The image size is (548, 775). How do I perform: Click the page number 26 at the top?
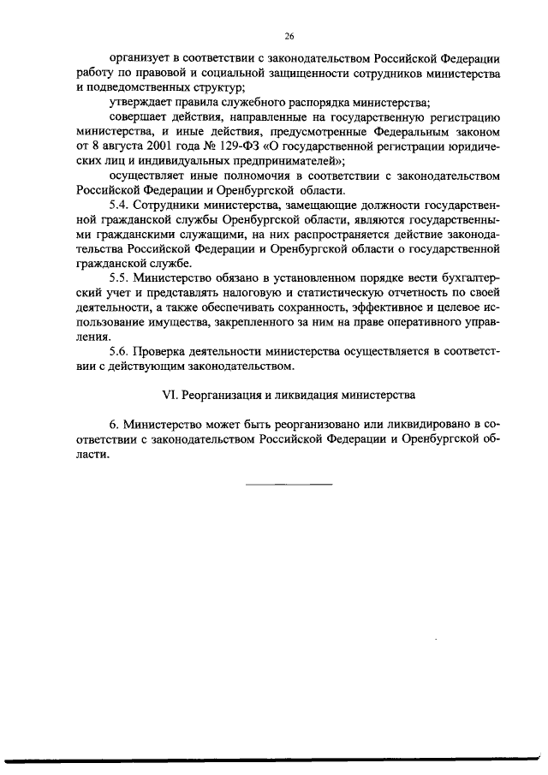[289, 36]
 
